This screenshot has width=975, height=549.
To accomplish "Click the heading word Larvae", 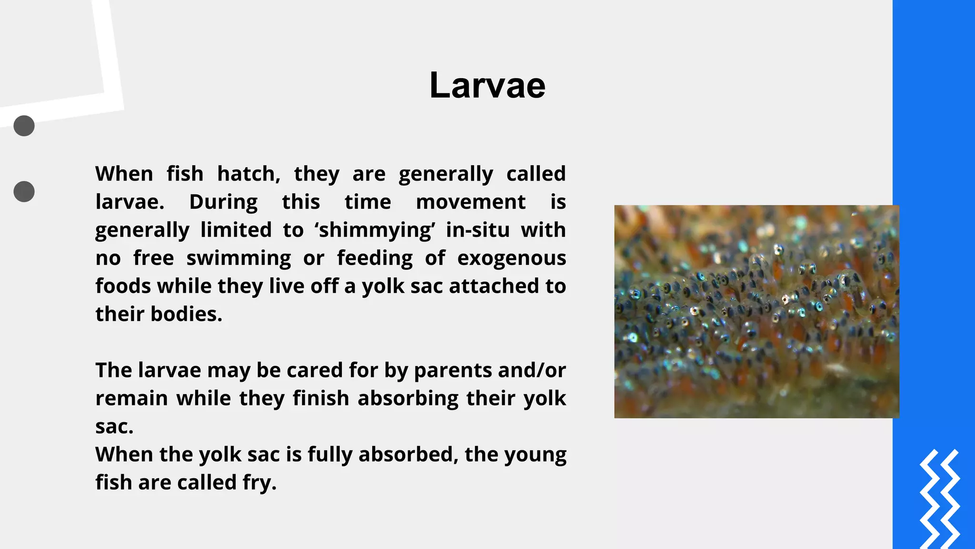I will pyautogui.click(x=487, y=85).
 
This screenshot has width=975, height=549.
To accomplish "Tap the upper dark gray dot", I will pyautogui.click(x=24, y=126).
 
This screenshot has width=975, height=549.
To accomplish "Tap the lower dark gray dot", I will pyautogui.click(x=24, y=192).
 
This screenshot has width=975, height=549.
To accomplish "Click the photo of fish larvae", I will pyautogui.click(x=756, y=312).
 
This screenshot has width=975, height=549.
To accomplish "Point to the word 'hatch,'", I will pyautogui.click(x=249, y=174).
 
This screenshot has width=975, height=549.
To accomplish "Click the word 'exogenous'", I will pyautogui.click(x=511, y=258).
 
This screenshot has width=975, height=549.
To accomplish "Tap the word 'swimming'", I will pyautogui.click(x=239, y=258).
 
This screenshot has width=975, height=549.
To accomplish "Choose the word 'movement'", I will pyautogui.click(x=471, y=202).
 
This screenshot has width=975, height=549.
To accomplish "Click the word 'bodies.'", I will pyautogui.click(x=186, y=315).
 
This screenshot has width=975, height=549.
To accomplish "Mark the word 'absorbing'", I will pyautogui.click(x=408, y=398).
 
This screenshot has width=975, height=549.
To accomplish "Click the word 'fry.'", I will pyautogui.click(x=259, y=483).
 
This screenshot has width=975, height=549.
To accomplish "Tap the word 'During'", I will pyautogui.click(x=223, y=202).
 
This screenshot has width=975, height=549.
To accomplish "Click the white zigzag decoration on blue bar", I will pyautogui.click(x=939, y=498).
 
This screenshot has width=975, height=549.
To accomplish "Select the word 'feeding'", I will pyautogui.click(x=375, y=258).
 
